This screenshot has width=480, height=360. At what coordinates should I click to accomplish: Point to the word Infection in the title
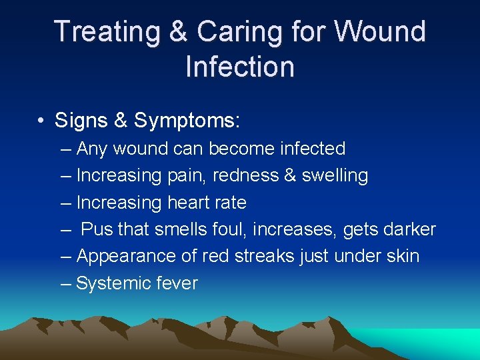click(x=240, y=67)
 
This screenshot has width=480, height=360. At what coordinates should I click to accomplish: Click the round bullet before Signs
click(x=41, y=121)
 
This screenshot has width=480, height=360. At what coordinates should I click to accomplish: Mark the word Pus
click(x=97, y=229)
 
